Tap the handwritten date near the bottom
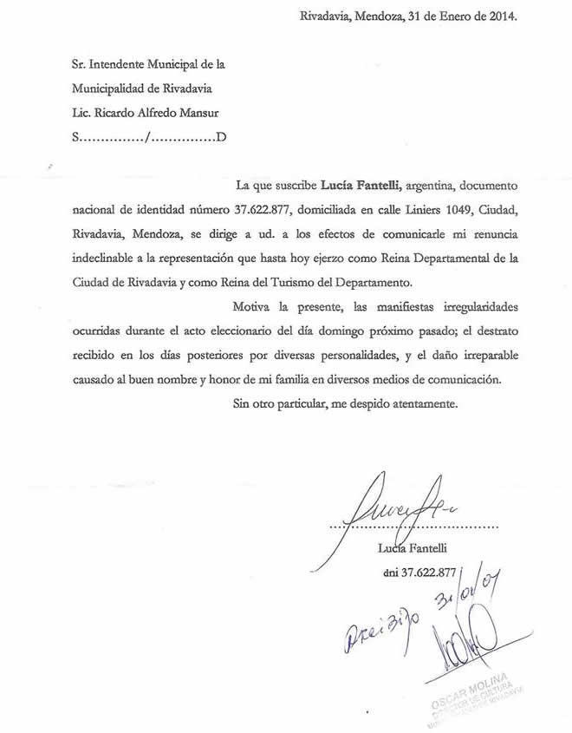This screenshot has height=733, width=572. click(x=469, y=599)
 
